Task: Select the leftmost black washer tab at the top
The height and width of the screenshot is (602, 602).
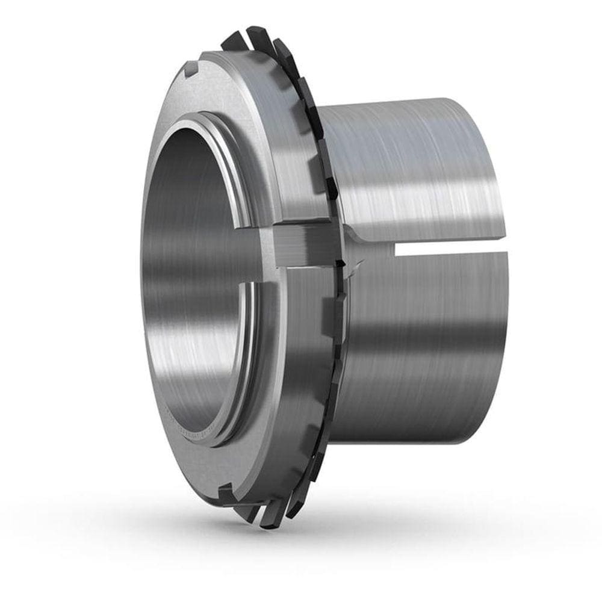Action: [x=235, y=41]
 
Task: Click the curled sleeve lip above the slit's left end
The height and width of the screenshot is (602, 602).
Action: [x=367, y=232]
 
